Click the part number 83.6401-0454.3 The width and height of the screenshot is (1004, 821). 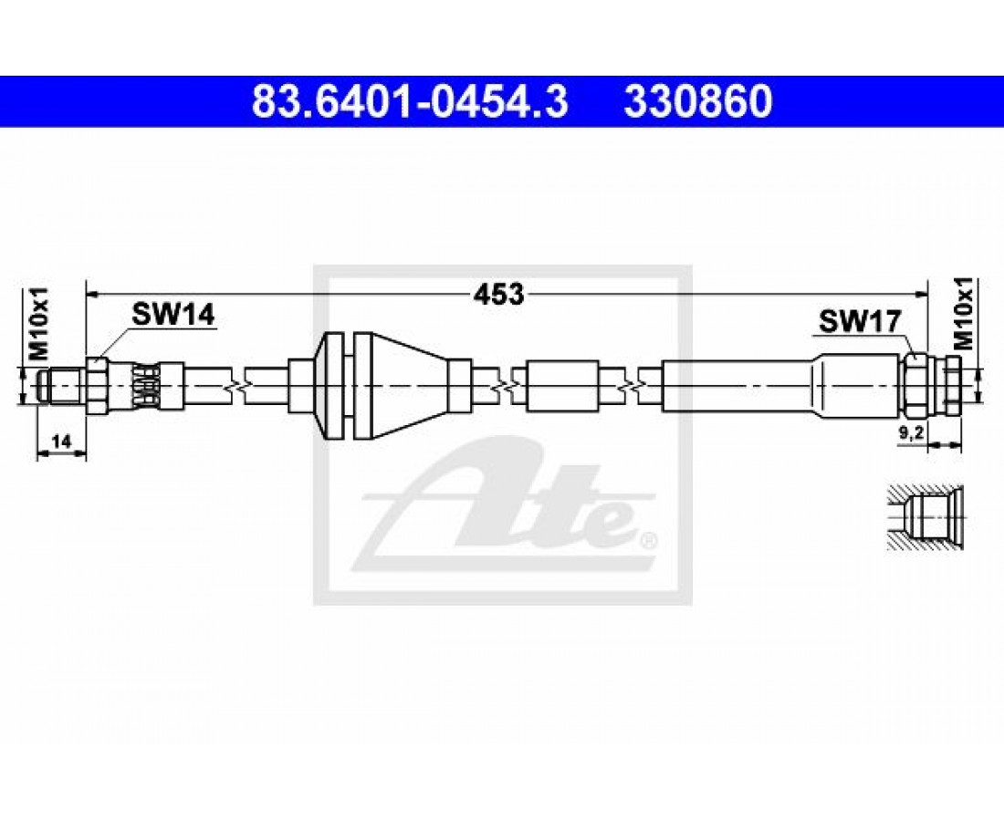[411, 102]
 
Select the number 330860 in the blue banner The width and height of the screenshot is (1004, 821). [698, 102]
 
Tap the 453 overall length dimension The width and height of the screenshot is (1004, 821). [498, 294]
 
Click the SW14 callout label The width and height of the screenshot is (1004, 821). [173, 315]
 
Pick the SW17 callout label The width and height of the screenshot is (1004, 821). [861, 320]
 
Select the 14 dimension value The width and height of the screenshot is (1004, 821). [61, 441]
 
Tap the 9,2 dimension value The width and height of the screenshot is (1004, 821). [909, 433]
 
